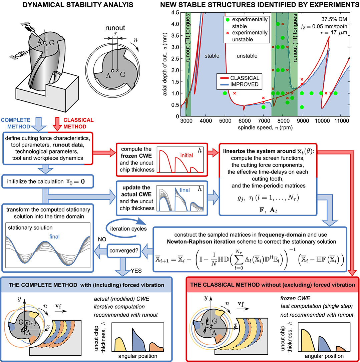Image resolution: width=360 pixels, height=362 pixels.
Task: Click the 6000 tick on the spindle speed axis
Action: point(244,120)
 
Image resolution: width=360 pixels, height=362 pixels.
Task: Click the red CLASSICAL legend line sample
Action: point(223,78)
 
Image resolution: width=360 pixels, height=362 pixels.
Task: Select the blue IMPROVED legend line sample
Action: point(223,84)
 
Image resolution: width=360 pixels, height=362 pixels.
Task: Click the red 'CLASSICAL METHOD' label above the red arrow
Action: point(79,123)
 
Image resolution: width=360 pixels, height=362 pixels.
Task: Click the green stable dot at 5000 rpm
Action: point(225,93)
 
